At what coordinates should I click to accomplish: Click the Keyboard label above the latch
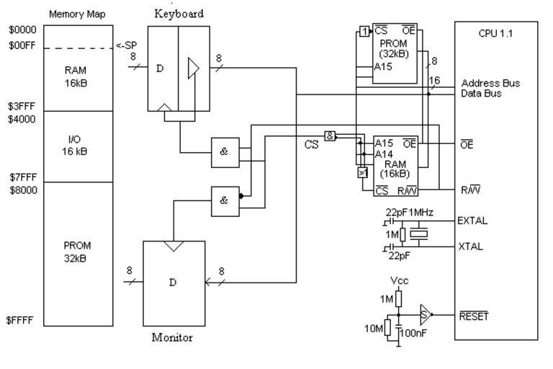(179, 13)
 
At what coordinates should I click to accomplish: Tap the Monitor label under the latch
(171, 337)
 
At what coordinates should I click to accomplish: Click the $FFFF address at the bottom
(19, 321)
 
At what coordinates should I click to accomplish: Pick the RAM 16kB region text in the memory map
(75, 77)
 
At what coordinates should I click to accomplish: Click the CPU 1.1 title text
(495, 33)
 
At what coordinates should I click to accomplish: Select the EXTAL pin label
(474, 221)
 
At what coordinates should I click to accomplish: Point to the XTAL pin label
(471, 246)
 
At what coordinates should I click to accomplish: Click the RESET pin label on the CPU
(474, 315)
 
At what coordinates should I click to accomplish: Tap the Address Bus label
(491, 84)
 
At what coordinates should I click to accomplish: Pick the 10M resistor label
(375, 329)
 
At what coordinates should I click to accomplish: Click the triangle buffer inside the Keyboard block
(192, 68)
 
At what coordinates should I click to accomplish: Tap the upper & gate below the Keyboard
(224, 151)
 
